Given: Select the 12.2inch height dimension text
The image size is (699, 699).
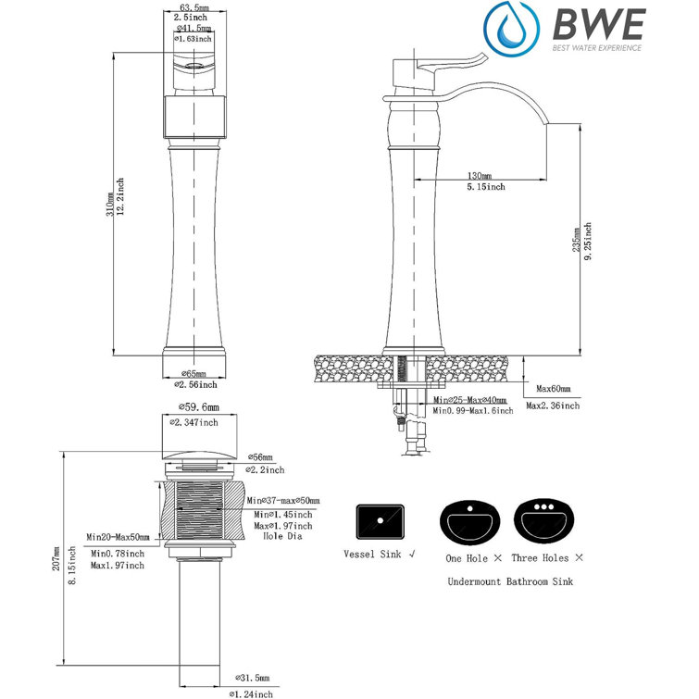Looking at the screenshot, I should (120, 198).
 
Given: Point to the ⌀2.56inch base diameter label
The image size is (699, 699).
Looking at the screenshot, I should (196, 384).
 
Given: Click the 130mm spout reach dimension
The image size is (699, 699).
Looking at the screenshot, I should (480, 175).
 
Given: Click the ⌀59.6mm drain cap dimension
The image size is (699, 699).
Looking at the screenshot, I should (197, 407).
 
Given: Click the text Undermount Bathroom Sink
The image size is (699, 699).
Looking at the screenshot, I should (509, 581).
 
